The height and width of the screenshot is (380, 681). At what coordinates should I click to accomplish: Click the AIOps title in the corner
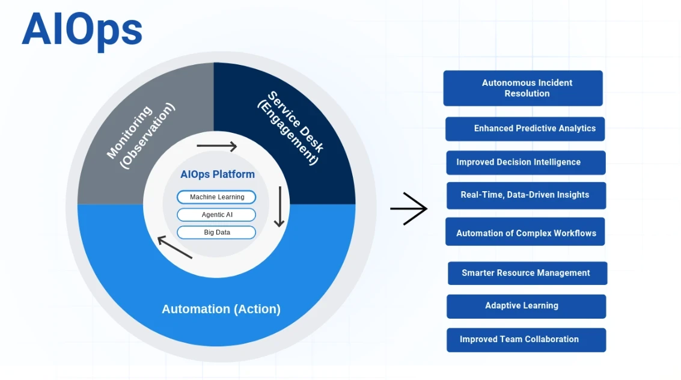(82, 30)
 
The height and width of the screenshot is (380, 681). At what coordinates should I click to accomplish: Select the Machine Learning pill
(216, 197)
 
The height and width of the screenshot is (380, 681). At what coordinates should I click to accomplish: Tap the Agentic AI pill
(216, 215)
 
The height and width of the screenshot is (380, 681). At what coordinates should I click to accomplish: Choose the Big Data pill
(216, 232)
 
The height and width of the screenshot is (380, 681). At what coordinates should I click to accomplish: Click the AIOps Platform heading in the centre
(218, 174)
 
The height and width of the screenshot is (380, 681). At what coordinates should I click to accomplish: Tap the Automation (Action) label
(221, 309)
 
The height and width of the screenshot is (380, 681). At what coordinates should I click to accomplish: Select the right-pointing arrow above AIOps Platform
(216, 146)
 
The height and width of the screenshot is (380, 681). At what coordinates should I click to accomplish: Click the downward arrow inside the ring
(279, 207)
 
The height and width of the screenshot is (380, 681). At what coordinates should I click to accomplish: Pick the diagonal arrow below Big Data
(175, 247)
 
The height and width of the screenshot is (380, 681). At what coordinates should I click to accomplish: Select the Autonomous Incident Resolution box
(523, 88)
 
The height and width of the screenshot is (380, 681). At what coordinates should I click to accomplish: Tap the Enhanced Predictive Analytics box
(525, 129)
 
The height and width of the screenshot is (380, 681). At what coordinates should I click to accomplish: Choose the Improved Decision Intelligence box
(525, 162)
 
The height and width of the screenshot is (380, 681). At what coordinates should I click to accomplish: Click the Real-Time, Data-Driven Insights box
(526, 195)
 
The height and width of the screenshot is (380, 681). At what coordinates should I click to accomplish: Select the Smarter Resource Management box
(527, 273)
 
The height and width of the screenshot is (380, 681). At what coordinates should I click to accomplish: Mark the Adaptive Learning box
(526, 306)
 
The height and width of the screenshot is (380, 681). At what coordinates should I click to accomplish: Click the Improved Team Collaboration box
(526, 340)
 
